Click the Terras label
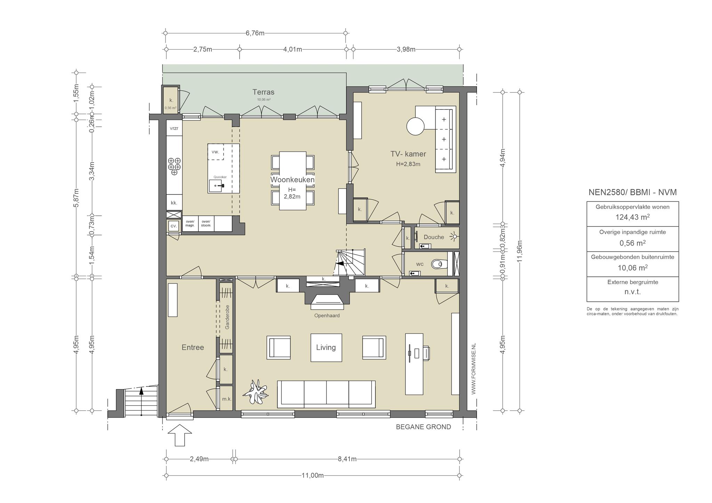tap(263, 92)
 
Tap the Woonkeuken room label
tap(292, 180)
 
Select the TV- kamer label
tap(408, 154)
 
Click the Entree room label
tap(193, 347)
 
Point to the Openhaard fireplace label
tap(327, 316)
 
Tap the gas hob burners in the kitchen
tap(174, 166)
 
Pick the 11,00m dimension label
tap(313, 476)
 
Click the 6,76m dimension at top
tap(255, 33)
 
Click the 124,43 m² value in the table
tap(633, 217)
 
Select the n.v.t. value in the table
tap(633, 292)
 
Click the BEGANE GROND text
tap(423, 427)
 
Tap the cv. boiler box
tap(174, 226)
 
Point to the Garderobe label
tap(227, 317)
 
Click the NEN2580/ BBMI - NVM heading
tap(633, 192)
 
